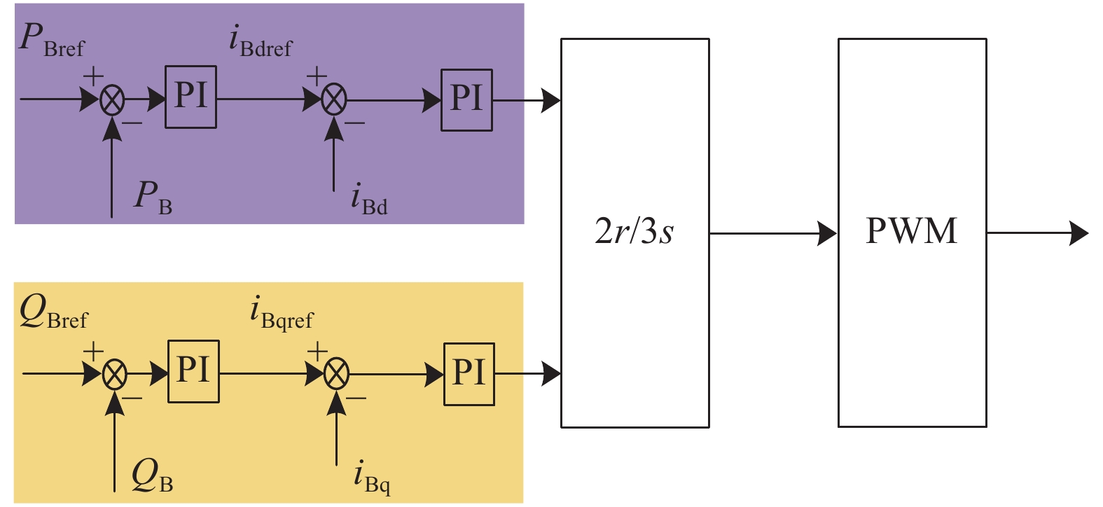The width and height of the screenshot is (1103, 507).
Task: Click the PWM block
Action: [x=912, y=232]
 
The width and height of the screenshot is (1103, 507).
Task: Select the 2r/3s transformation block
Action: [x=634, y=232]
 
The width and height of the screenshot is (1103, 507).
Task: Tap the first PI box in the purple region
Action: [x=190, y=97]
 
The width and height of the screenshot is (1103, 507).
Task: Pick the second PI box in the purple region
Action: [x=466, y=99]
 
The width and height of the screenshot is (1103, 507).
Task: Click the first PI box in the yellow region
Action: [x=193, y=371]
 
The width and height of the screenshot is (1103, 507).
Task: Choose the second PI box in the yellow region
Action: [x=469, y=374]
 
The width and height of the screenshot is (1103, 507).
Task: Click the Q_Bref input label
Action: [x=53, y=312]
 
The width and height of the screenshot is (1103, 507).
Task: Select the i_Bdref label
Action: [x=260, y=41]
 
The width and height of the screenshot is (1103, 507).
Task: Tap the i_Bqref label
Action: [x=282, y=313]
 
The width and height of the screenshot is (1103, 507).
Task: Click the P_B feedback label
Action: [x=153, y=197]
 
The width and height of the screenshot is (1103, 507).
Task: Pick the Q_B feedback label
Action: [x=152, y=475]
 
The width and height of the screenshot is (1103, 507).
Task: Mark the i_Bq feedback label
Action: [x=372, y=477]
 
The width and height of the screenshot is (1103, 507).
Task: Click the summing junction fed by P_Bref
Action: [x=112, y=100]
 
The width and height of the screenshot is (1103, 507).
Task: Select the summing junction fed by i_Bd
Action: [x=334, y=100]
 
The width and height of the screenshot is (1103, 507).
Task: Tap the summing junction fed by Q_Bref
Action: [x=115, y=375]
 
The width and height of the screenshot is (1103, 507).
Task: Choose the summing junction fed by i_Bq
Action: [x=337, y=375]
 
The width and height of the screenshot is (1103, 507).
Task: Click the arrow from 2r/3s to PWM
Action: [x=773, y=233]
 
